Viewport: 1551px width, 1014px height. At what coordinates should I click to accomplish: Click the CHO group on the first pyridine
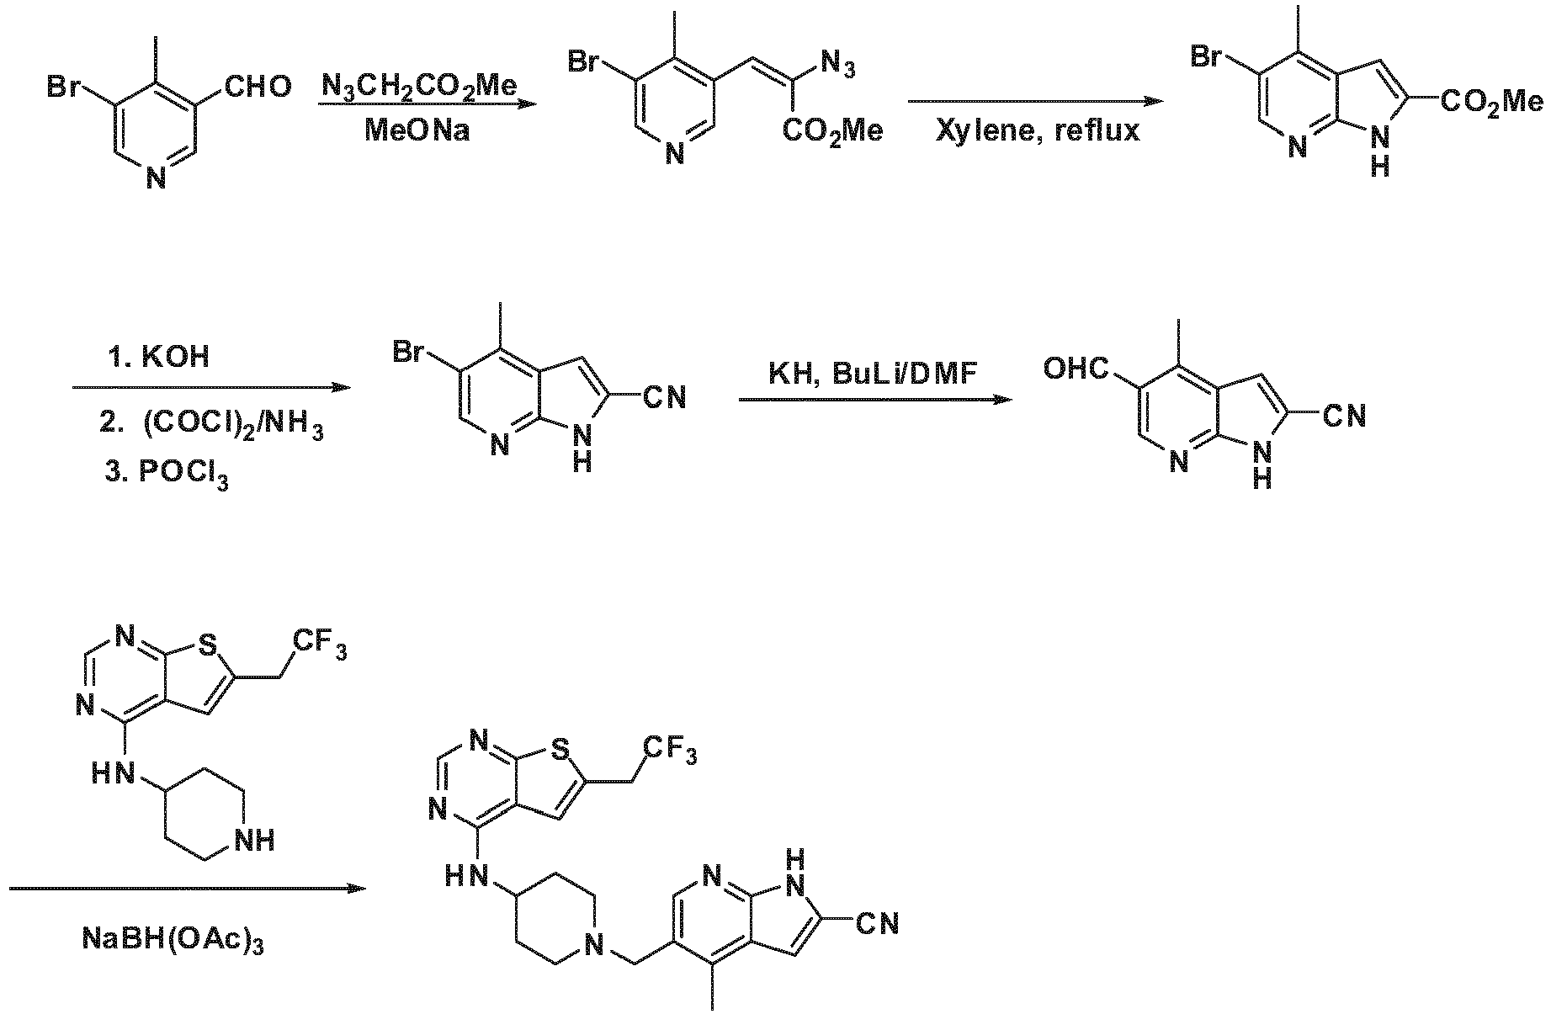click(x=258, y=86)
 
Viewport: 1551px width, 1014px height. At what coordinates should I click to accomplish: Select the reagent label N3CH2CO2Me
click(x=419, y=86)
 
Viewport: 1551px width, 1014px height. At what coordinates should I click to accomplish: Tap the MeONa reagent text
click(x=417, y=130)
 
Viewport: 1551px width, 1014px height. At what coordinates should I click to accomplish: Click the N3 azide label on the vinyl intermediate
click(x=838, y=64)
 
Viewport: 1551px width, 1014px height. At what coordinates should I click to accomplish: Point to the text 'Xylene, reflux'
click(x=1038, y=130)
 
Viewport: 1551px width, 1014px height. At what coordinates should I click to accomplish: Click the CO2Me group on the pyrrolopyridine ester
click(x=1492, y=104)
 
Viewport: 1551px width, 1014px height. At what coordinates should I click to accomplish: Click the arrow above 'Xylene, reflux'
click(x=1035, y=102)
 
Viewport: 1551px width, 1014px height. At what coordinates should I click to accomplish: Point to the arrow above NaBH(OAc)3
click(x=188, y=889)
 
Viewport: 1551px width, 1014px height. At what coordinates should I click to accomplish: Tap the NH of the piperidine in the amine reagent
click(x=255, y=840)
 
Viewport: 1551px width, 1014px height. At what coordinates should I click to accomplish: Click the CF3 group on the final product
click(x=671, y=750)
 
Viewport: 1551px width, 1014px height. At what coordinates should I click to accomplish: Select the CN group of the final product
click(x=878, y=923)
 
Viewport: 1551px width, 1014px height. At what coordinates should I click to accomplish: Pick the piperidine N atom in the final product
click(x=595, y=947)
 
